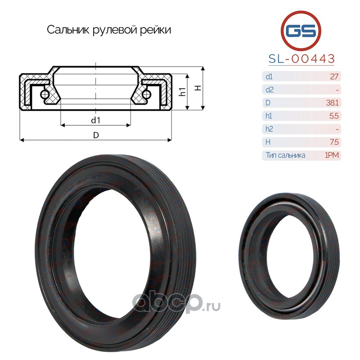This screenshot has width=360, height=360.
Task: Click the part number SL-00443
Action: [x=301, y=59]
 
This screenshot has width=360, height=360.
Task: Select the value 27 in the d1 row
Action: [x=334, y=76]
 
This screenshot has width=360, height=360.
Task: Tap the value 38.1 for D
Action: [x=332, y=103]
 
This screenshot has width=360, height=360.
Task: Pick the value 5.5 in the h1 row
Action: [x=334, y=116]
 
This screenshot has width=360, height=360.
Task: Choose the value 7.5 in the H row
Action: [x=334, y=142]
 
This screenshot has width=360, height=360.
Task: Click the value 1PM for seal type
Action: [x=332, y=155]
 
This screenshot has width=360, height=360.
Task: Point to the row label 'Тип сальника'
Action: [x=286, y=155]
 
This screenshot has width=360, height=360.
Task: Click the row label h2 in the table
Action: [x=269, y=129]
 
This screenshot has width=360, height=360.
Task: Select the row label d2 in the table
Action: [x=269, y=90]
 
